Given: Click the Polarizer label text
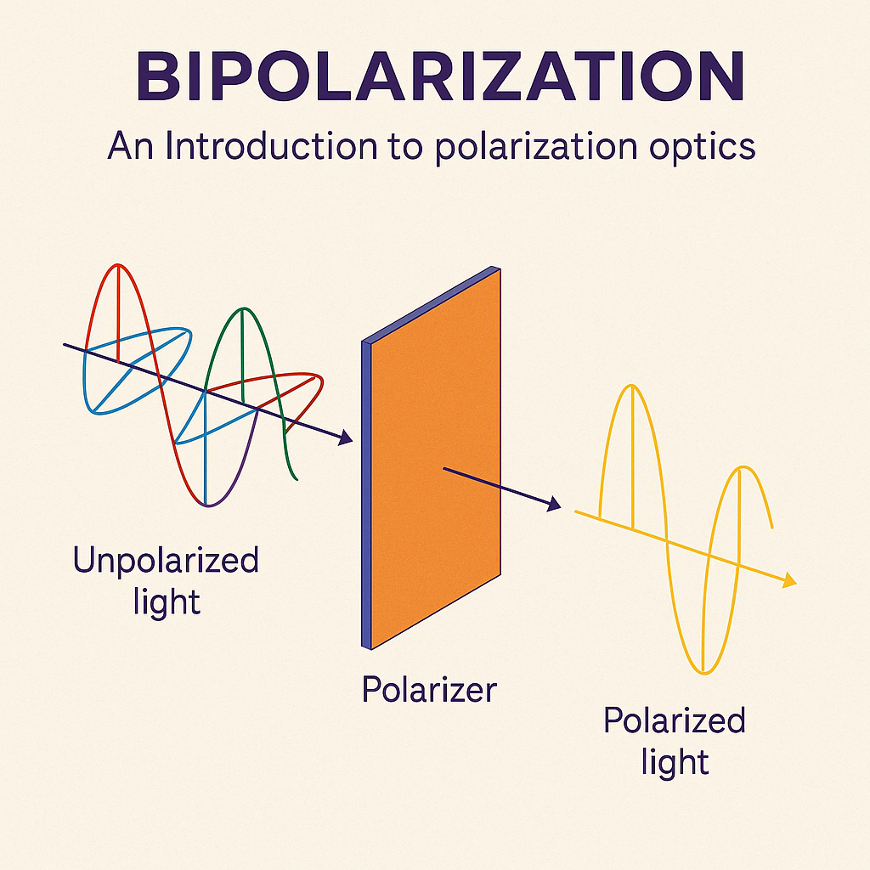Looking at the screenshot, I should pyautogui.click(x=428, y=688).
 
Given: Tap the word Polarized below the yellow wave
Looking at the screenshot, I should pyautogui.click(x=674, y=721).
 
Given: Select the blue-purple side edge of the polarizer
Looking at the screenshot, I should pyautogui.click(x=367, y=493).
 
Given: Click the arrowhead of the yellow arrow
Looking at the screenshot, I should pyautogui.click(x=790, y=581).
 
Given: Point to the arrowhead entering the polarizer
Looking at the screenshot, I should pyautogui.click(x=344, y=439).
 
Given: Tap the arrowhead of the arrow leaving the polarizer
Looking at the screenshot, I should pyautogui.click(x=553, y=506).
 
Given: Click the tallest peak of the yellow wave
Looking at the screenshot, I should pyautogui.click(x=630, y=387).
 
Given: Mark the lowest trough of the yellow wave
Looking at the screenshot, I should pyautogui.click(x=703, y=672).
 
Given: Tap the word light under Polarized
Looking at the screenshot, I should pyautogui.click(x=675, y=761).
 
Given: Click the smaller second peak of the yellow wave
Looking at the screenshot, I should pyautogui.click(x=743, y=467).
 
